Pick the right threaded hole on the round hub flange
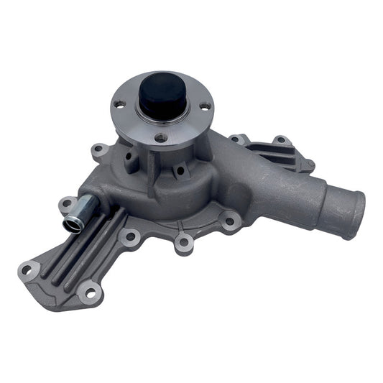pos(204,106)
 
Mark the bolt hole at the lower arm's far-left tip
pos(27,270)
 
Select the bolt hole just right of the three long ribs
pos(130,236)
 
